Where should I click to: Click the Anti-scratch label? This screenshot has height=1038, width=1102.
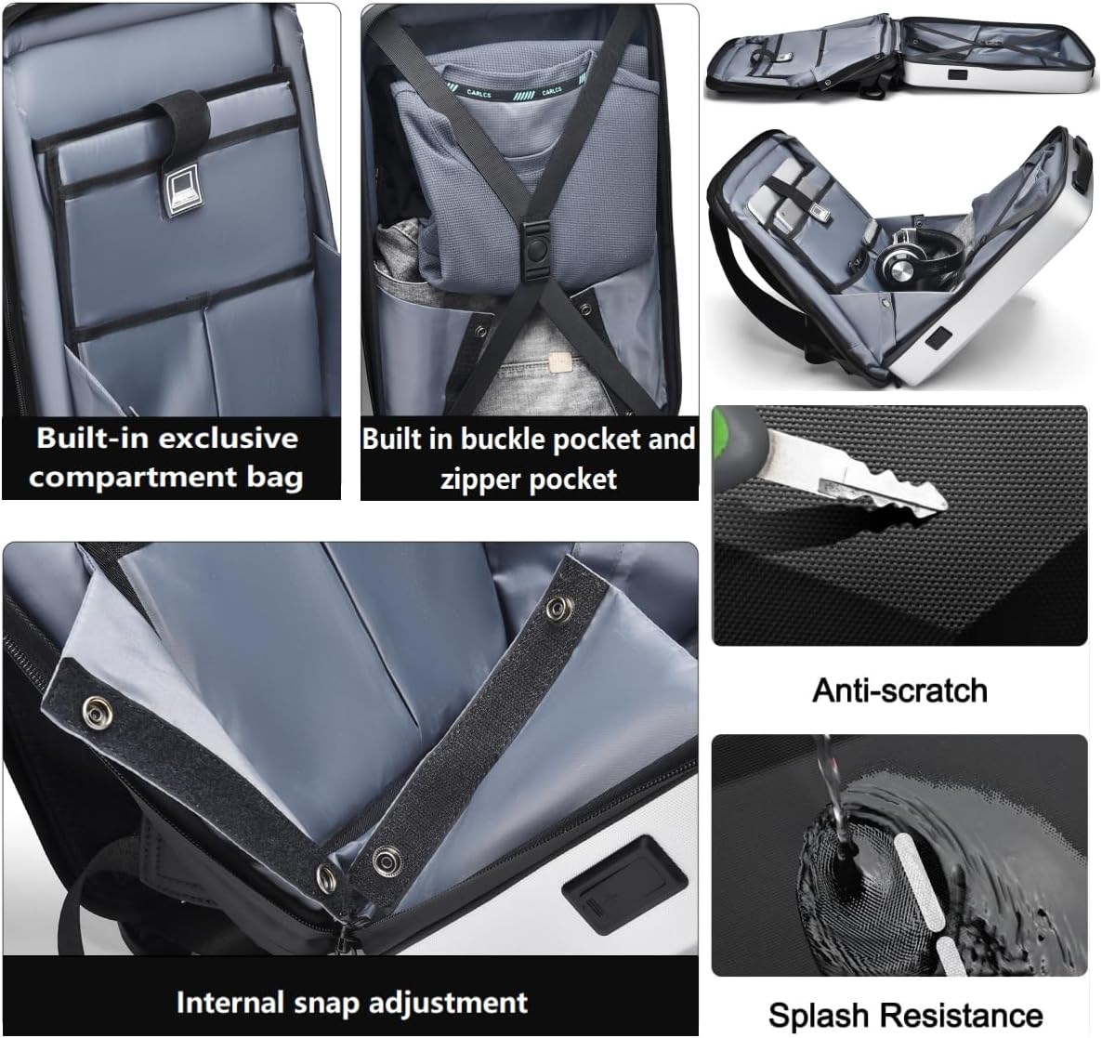point(899,690)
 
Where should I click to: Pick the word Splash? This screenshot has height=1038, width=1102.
point(819,1014)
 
